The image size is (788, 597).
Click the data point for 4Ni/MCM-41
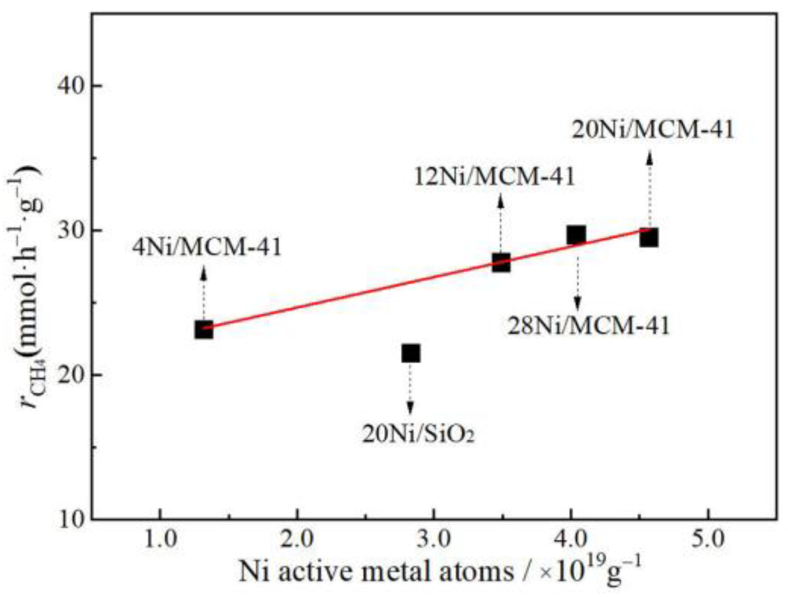tap(204, 330)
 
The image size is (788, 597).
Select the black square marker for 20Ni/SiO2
tap(411, 353)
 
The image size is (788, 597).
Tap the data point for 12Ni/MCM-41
tap(501, 262)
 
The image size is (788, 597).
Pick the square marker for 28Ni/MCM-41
tap(576, 235)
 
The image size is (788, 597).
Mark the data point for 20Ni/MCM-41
tap(649, 238)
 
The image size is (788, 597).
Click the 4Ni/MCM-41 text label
tap(207, 248)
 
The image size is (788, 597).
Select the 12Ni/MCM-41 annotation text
tap(495, 177)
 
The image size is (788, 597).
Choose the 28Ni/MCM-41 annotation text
tap(588, 326)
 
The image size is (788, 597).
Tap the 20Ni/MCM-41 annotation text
tap(653, 130)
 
